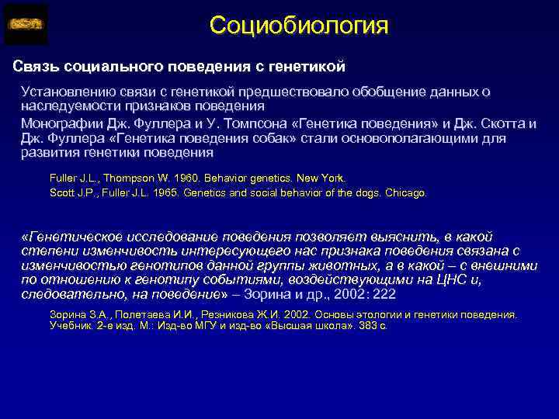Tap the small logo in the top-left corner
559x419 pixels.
[x=26, y=25]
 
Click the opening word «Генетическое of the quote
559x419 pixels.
[x=74, y=237]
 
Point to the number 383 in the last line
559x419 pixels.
[x=367, y=327]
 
